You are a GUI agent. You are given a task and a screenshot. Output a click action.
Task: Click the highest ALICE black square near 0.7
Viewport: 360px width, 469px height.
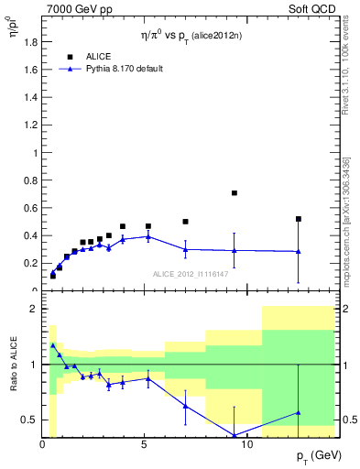235,193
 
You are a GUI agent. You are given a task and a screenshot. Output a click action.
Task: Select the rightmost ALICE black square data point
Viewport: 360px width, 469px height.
299,219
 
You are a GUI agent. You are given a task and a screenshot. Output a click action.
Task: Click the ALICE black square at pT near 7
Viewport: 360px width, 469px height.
185,222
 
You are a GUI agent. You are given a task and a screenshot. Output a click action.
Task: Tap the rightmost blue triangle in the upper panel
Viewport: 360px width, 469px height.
299,251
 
